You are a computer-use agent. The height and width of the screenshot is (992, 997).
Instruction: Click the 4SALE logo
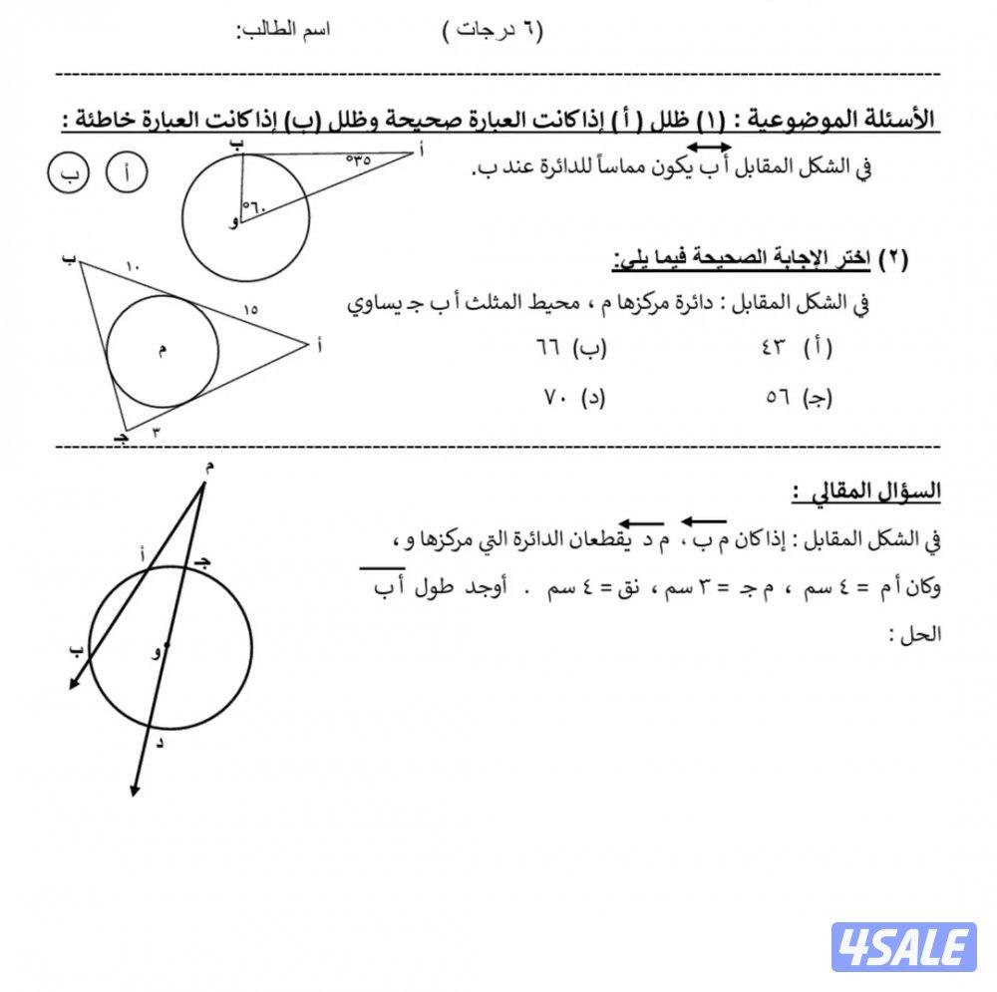(x=903, y=947)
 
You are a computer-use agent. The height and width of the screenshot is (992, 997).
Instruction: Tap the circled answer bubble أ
(x=127, y=173)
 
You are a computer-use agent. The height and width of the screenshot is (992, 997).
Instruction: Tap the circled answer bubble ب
(x=68, y=173)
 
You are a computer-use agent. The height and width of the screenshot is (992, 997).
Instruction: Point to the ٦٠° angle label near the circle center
(x=254, y=206)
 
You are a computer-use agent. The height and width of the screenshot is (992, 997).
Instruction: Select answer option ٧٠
(x=571, y=397)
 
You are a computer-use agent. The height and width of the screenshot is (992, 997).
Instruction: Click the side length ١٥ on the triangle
(x=250, y=310)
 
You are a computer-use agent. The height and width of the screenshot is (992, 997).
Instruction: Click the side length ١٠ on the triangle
(x=135, y=265)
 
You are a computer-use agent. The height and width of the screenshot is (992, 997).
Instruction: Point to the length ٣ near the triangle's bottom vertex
(x=156, y=432)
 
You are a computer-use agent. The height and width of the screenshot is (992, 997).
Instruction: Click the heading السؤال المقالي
(x=867, y=492)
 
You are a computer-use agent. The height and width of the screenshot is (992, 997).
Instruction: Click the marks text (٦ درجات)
(x=493, y=30)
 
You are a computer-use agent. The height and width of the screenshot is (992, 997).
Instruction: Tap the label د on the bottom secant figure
(x=160, y=742)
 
